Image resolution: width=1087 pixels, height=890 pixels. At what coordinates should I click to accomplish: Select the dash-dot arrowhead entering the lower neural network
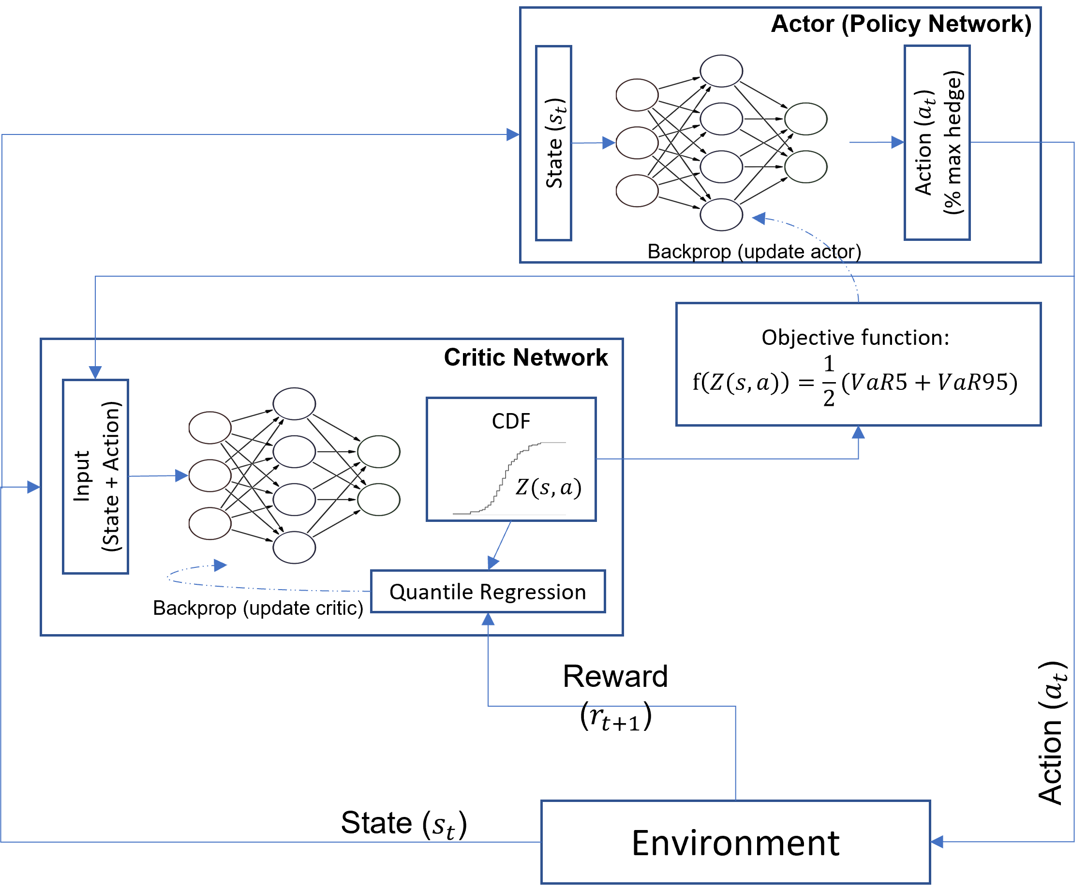coord(221,565)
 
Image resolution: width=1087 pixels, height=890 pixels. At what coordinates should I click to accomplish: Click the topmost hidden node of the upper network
coord(721,71)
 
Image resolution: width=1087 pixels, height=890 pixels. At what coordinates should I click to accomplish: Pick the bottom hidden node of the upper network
coord(721,214)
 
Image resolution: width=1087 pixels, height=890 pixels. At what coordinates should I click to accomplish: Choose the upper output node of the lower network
coord(378,451)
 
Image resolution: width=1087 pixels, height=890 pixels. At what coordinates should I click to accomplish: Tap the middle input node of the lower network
coord(210,475)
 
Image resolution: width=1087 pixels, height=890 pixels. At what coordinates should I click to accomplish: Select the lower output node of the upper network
coord(805,166)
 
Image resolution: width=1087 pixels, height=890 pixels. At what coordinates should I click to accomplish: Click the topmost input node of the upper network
coord(637,95)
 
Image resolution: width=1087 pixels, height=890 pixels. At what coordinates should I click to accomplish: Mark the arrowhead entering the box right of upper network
coord(897,142)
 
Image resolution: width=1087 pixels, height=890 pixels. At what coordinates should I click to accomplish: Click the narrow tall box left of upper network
coord(553,143)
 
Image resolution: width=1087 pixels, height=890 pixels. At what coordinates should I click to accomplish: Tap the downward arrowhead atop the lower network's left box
coord(95,372)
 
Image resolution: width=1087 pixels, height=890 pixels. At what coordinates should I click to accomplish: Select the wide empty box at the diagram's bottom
coord(735,842)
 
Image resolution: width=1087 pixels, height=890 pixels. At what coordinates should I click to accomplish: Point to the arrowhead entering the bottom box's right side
coord(937,842)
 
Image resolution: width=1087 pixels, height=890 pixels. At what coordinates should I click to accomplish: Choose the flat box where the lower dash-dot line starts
coord(488,591)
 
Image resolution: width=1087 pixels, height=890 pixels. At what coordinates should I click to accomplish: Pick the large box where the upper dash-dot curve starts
coord(858,364)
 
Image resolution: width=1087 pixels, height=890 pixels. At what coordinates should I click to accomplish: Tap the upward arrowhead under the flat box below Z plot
coord(488,619)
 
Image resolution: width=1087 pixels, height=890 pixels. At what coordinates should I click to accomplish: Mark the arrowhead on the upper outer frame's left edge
coord(513,134)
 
